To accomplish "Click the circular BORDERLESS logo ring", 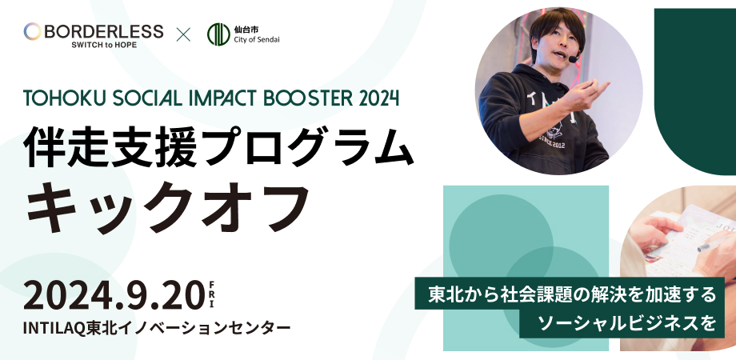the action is coord(32,31).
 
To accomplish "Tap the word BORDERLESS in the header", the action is coord(104,31).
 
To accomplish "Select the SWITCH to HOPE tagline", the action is coord(104,45).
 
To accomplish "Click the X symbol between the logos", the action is coord(183,34).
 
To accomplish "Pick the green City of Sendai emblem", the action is coord(218,34).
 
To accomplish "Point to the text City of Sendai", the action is coord(257,40).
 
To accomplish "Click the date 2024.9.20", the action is coord(114,296).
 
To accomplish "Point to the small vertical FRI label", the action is coord(212,294).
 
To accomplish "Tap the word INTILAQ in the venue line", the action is coord(52,328).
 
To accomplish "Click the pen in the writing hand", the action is coord(714,243).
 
